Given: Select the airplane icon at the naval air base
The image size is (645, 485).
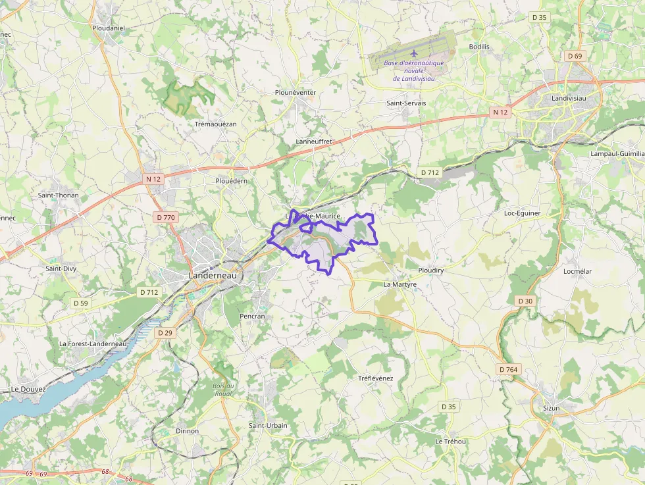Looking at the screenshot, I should click(414, 53).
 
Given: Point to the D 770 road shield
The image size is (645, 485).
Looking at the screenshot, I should click(167, 217).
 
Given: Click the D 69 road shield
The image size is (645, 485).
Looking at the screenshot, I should click(575, 56).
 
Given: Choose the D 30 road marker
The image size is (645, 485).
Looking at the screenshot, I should click(525, 301).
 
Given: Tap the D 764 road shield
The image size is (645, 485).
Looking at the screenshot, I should click(508, 370).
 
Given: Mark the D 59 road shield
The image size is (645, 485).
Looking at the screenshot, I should click(80, 303).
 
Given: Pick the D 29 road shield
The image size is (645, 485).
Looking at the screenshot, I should click(165, 333).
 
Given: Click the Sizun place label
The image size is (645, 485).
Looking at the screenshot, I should click(551, 408).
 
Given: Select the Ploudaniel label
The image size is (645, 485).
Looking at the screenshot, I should click(109, 28).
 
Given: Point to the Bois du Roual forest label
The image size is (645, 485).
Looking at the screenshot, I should click(223, 390).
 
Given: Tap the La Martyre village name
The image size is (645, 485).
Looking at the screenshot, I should click(400, 284).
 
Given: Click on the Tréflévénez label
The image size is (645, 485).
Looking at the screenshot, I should click(375, 378).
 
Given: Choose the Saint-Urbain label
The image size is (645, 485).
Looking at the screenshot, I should click(268, 425).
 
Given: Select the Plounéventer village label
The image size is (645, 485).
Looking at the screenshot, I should click(296, 93).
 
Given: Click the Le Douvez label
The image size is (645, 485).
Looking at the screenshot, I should click(28, 389).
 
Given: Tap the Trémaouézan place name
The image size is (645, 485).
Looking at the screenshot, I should click(215, 124).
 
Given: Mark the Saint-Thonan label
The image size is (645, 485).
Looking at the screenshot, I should click(58, 195).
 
